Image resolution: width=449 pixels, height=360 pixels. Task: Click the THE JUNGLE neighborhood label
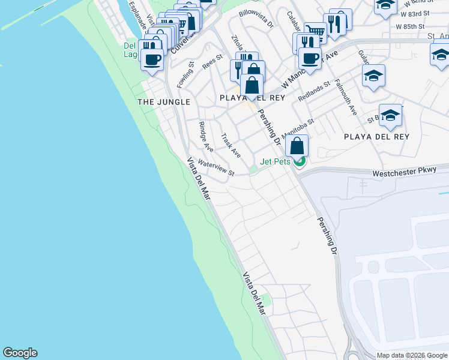point(164,102)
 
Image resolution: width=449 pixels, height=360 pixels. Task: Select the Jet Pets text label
point(275,161)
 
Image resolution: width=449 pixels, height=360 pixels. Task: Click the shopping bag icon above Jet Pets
point(297,146)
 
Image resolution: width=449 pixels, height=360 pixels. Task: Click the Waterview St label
point(215,167)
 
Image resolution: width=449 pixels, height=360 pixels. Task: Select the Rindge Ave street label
point(206,136)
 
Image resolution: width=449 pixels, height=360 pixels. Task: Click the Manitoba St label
point(298,127)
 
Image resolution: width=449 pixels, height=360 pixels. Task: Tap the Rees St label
point(212,61)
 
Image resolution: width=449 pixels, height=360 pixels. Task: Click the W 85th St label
point(410,27)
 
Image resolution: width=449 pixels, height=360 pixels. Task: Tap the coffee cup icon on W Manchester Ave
point(310,58)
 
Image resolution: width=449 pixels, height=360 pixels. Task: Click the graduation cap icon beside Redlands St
point(373,76)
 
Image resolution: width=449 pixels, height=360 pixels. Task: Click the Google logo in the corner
point(20,353)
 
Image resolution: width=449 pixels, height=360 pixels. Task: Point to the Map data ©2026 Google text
point(411,355)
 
